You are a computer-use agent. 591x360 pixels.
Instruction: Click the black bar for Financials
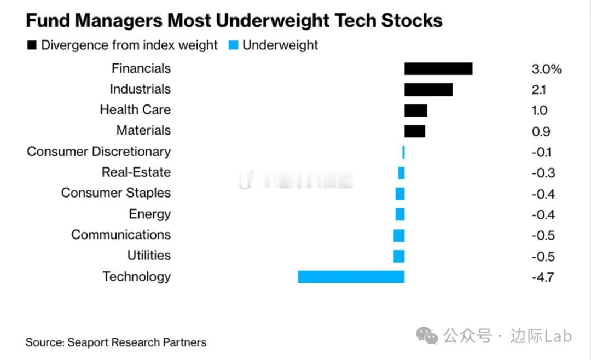(438, 68)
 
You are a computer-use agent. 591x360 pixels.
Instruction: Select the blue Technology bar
(351, 277)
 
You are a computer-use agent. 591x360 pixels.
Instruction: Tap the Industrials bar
(428, 89)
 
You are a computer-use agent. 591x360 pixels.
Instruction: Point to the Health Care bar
(415, 110)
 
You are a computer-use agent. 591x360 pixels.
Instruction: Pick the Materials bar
(414, 131)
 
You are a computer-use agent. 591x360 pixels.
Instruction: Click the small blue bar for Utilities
(399, 256)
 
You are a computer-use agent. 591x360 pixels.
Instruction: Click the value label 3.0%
(546, 69)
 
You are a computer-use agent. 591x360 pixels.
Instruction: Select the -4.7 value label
(542, 277)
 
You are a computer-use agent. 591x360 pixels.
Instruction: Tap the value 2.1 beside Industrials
(538, 90)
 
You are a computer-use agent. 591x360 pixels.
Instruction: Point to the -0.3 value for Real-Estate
(543, 173)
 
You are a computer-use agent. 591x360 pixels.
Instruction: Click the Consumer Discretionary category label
(99, 152)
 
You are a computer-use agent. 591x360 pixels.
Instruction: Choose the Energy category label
(149, 214)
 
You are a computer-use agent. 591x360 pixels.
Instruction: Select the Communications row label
(120, 235)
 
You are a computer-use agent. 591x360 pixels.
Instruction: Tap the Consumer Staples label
(115, 193)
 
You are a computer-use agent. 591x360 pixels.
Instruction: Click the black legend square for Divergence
(32, 45)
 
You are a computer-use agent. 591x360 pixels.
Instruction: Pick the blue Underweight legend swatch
(234, 45)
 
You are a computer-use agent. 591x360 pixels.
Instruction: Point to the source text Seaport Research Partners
(137, 342)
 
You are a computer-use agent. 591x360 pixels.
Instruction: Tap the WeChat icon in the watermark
(427, 335)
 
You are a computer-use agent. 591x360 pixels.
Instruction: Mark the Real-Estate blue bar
(401, 173)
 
